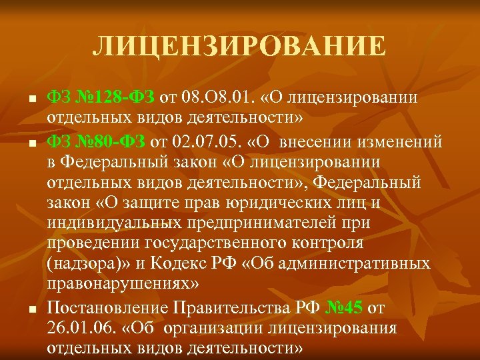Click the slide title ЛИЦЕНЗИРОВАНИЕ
point(239,46)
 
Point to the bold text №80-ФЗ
point(107,141)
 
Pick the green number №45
point(345,307)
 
